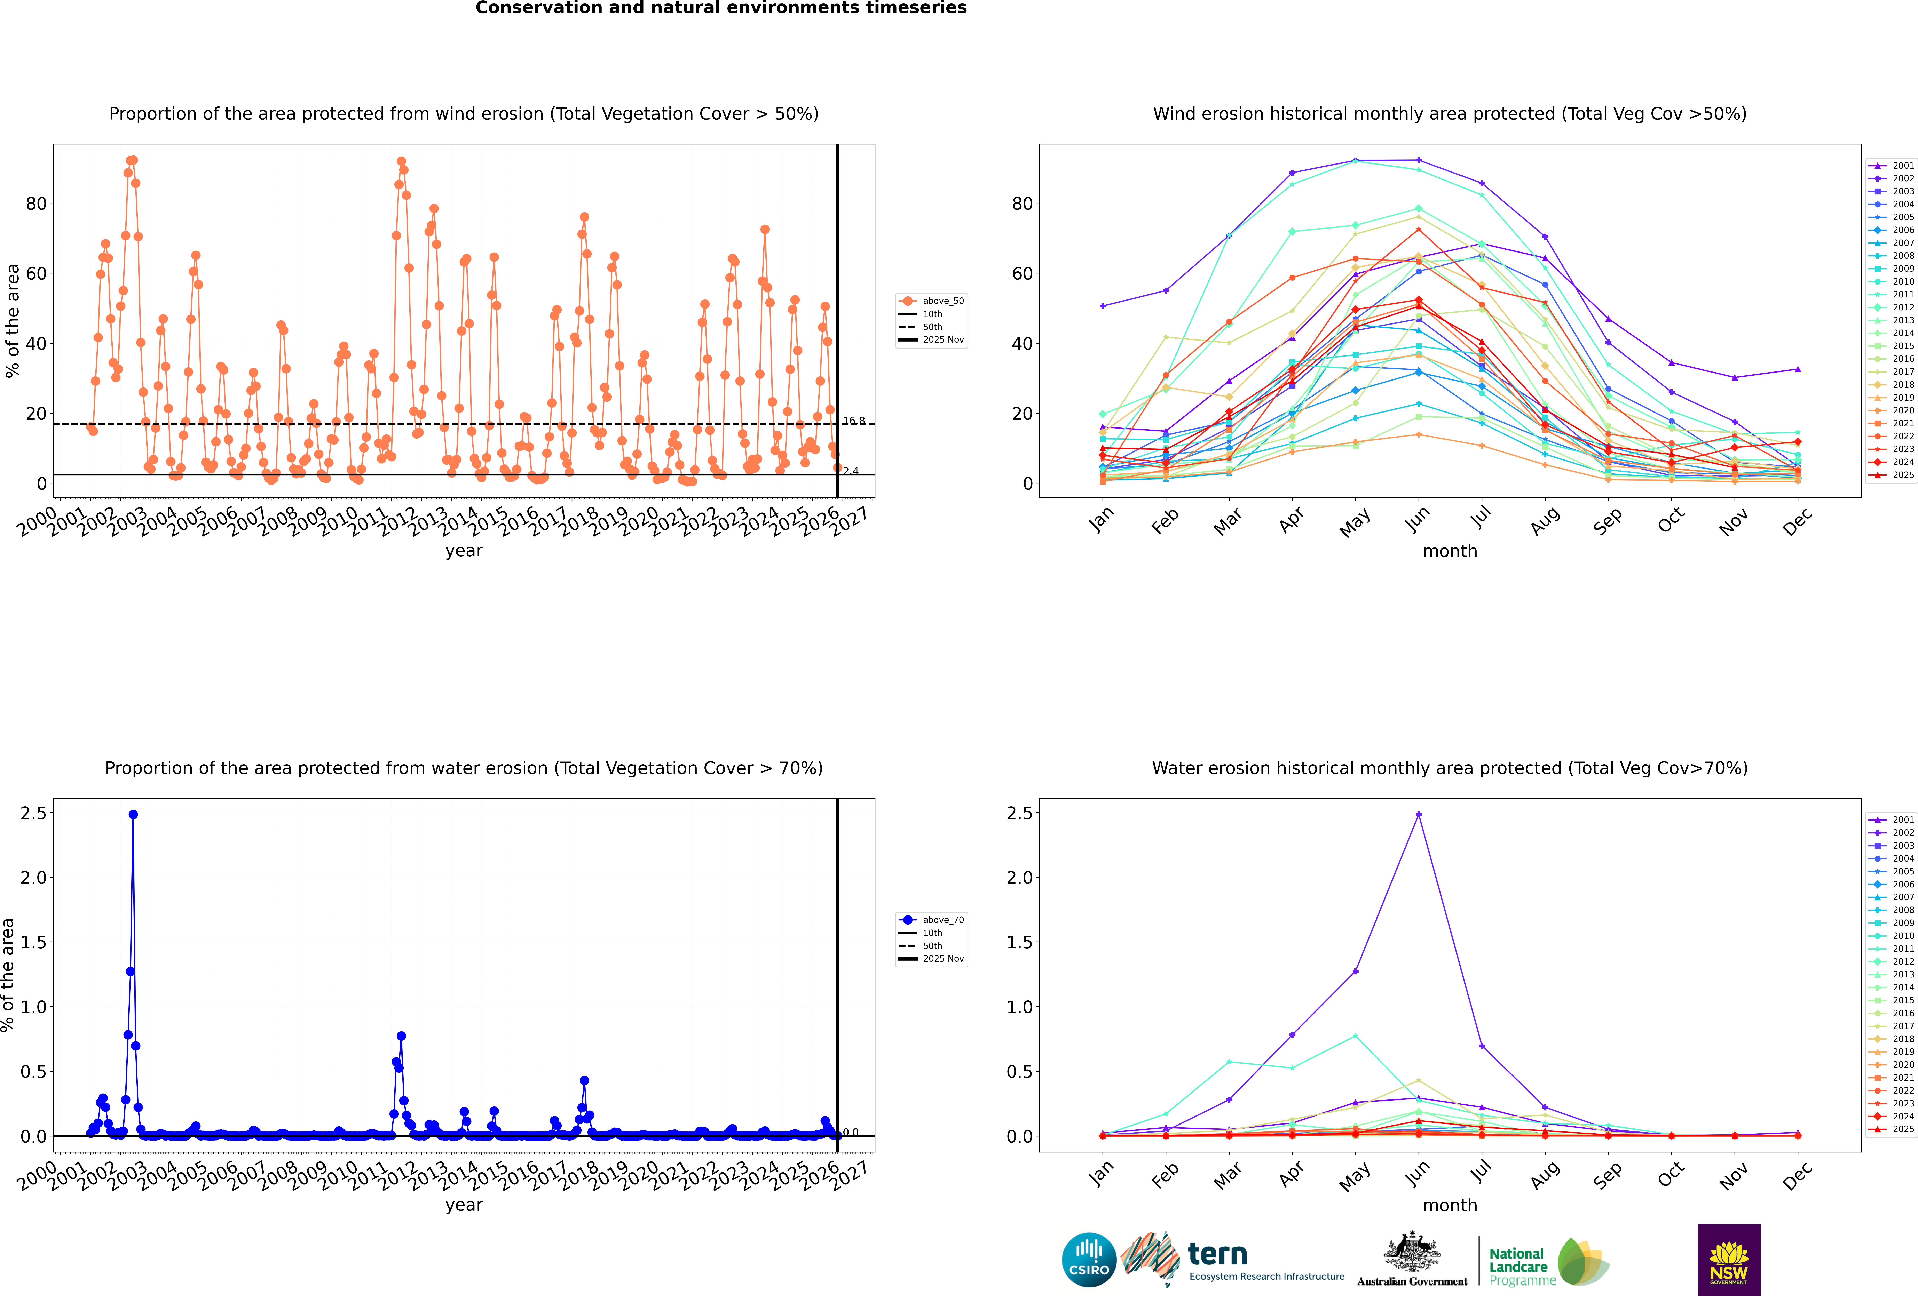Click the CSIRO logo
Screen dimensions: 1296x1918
click(x=1089, y=1260)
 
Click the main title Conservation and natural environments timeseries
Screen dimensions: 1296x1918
click(x=720, y=8)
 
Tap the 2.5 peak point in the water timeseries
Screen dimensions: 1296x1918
click(x=133, y=814)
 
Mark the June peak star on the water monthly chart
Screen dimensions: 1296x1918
click(x=1418, y=814)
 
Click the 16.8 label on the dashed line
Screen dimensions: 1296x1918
click(x=853, y=421)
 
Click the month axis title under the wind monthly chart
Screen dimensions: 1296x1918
click(x=1449, y=551)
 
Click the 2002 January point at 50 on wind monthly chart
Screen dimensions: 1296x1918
click(x=1103, y=306)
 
